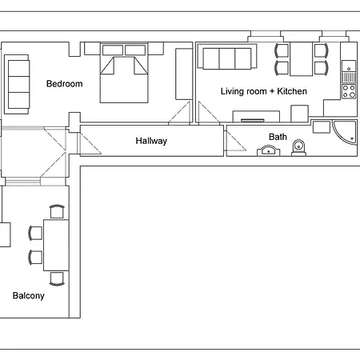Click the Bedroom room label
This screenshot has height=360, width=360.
coord(65,84)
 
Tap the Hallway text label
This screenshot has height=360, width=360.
coord(151,141)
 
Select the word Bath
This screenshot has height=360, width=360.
coord(278,137)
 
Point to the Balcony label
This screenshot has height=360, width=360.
coord(29,296)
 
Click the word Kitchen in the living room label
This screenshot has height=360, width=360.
coord(292,91)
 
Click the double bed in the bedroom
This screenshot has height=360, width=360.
coord(124,73)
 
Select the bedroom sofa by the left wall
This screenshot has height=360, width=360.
coord(17,84)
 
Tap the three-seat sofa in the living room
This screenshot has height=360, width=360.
coord(227,57)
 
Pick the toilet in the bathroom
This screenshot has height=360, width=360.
coord(299,148)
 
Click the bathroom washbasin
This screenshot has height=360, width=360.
coord(269,150)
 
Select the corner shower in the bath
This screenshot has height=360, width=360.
coord(345,133)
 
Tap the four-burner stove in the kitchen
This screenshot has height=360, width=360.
coord(349,91)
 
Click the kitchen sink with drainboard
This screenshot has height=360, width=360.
coord(349,72)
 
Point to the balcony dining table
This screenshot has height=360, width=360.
coord(56,245)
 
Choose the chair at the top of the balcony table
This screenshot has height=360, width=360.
coord(57,211)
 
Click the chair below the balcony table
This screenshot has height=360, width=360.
coord(57,279)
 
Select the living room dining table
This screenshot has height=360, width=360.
coord(302,59)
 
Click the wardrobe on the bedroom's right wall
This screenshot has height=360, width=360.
coord(184,74)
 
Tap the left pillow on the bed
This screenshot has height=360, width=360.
coord(113,50)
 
